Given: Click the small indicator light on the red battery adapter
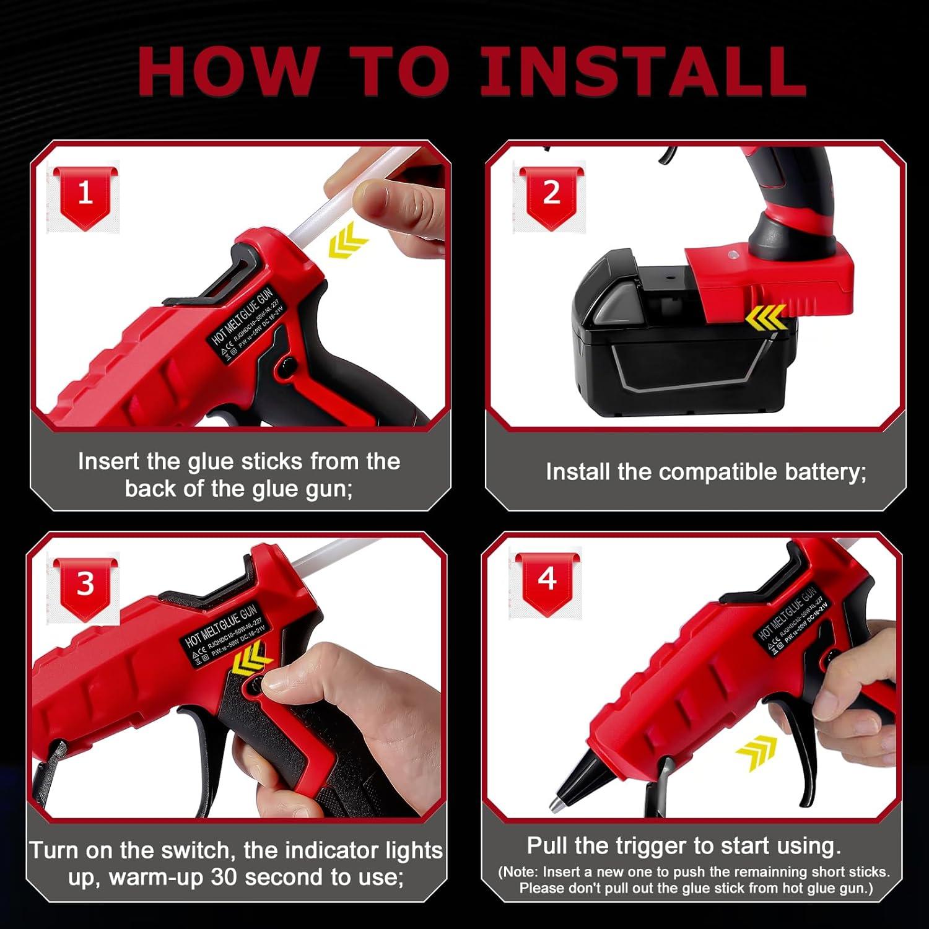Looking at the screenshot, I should click(x=734, y=255).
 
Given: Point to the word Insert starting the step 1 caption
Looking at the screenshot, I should click(x=108, y=461).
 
